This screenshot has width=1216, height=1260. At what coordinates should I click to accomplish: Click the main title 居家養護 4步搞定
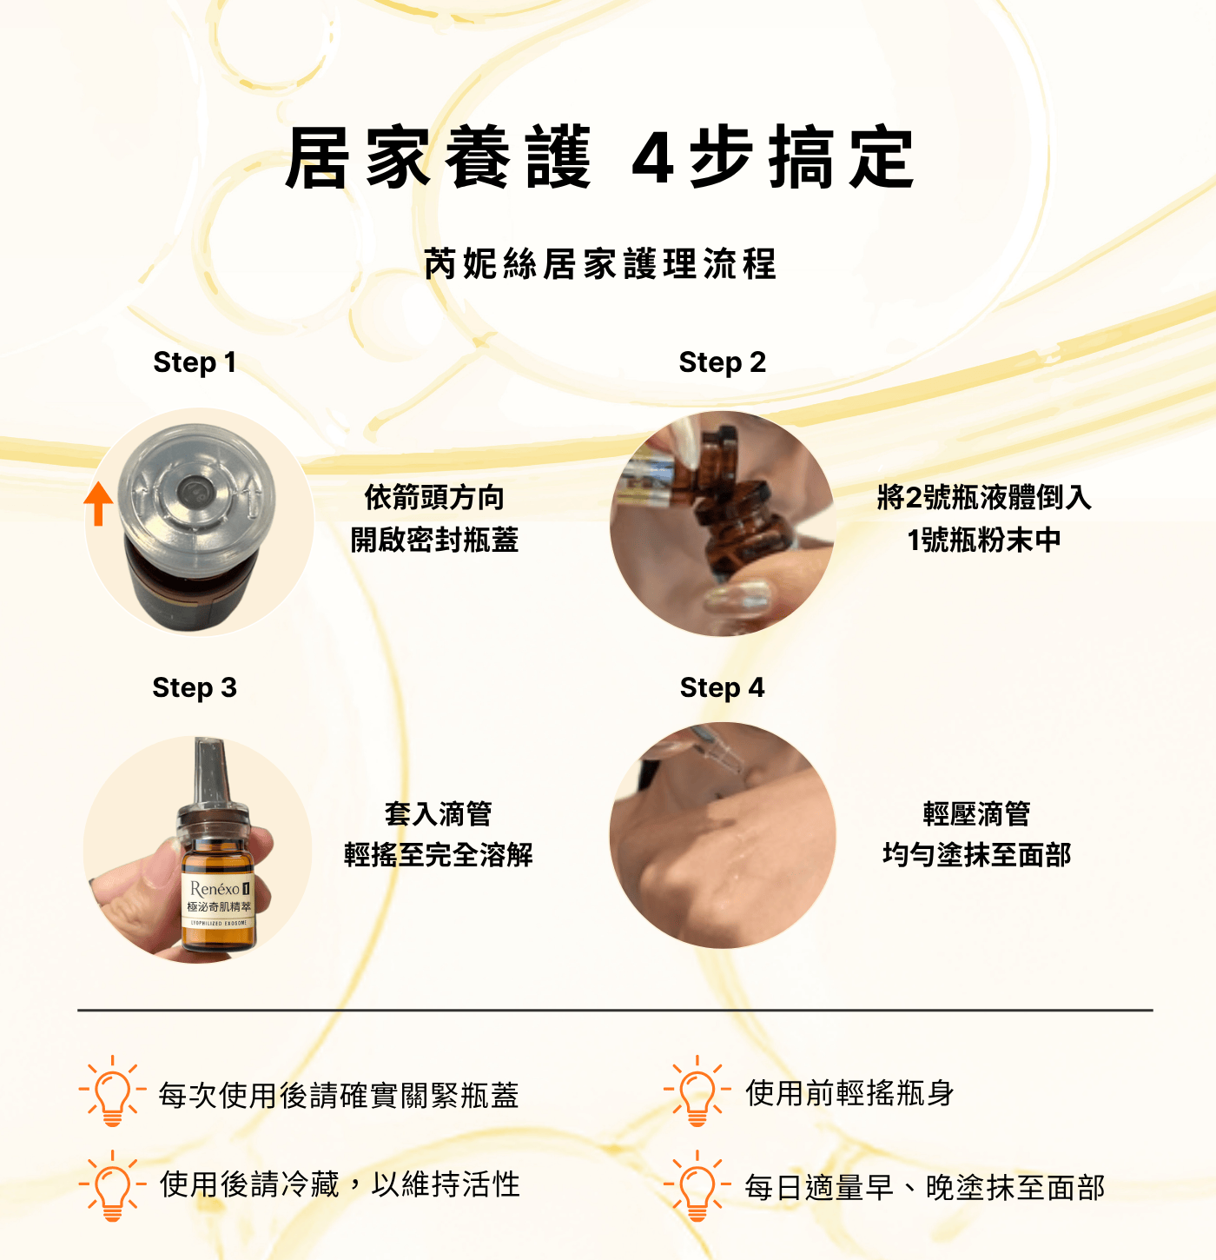tap(600, 157)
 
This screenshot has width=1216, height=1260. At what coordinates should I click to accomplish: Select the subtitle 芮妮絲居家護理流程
tap(600, 263)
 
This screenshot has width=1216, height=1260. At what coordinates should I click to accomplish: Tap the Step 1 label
tap(195, 362)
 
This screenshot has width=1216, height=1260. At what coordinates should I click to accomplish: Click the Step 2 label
tap(723, 362)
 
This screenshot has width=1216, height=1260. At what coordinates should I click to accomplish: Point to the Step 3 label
tap(195, 687)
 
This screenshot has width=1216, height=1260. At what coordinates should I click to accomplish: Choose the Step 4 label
tap(723, 687)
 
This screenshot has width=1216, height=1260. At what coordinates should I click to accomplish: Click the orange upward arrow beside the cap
tap(98, 503)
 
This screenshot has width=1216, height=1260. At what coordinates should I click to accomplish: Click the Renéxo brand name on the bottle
tap(215, 888)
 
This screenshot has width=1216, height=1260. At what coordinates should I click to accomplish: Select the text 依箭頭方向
tap(434, 497)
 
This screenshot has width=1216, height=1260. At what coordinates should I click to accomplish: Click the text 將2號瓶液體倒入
tap(984, 497)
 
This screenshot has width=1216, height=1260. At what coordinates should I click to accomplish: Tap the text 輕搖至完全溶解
tap(438, 855)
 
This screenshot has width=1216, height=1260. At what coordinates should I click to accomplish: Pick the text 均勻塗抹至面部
tap(976, 855)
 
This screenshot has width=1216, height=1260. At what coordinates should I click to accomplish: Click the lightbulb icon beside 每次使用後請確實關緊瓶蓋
tap(112, 1091)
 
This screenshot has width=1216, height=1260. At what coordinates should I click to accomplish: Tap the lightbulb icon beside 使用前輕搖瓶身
tap(697, 1091)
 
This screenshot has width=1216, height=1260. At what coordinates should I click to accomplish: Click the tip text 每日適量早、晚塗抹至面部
tap(925, 1188)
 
